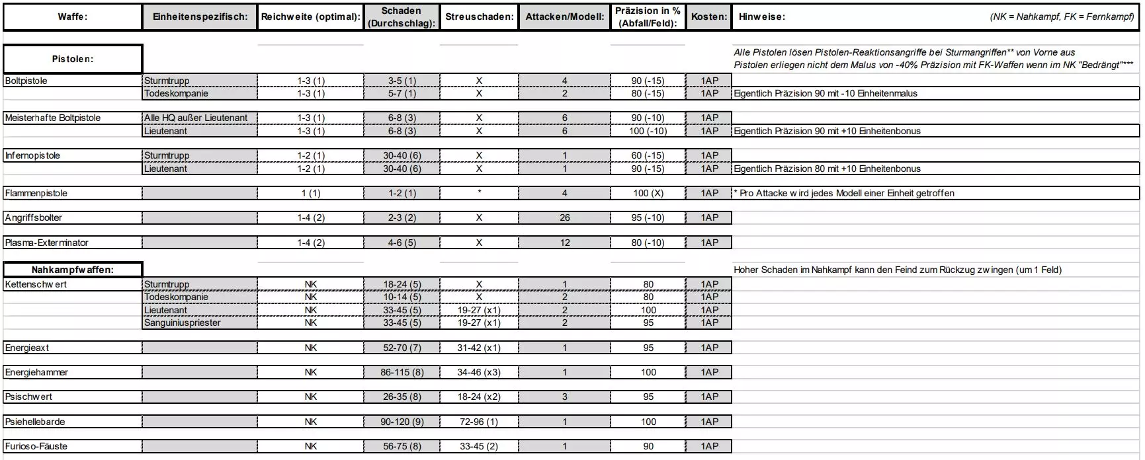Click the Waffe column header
(72, 17)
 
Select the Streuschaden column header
(479, 17)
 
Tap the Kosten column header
(709, 17)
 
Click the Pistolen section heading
(72, 59)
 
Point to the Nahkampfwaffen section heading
(72, 270)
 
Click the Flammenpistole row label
(36, 193)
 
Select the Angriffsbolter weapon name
(33, 217)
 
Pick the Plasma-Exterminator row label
(46, 243)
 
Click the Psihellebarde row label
(34, 422)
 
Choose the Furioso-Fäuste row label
(36, 446)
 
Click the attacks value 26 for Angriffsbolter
(564, 217)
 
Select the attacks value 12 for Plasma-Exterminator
(564, 243)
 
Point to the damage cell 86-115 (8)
(402, 372)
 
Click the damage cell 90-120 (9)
(402, 422)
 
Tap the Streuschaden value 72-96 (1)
(479, 422)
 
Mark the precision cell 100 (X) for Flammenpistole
(648, 193)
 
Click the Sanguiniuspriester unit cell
(183, 323)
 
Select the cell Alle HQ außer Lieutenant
(196, 118)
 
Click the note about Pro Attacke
(844, 193)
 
